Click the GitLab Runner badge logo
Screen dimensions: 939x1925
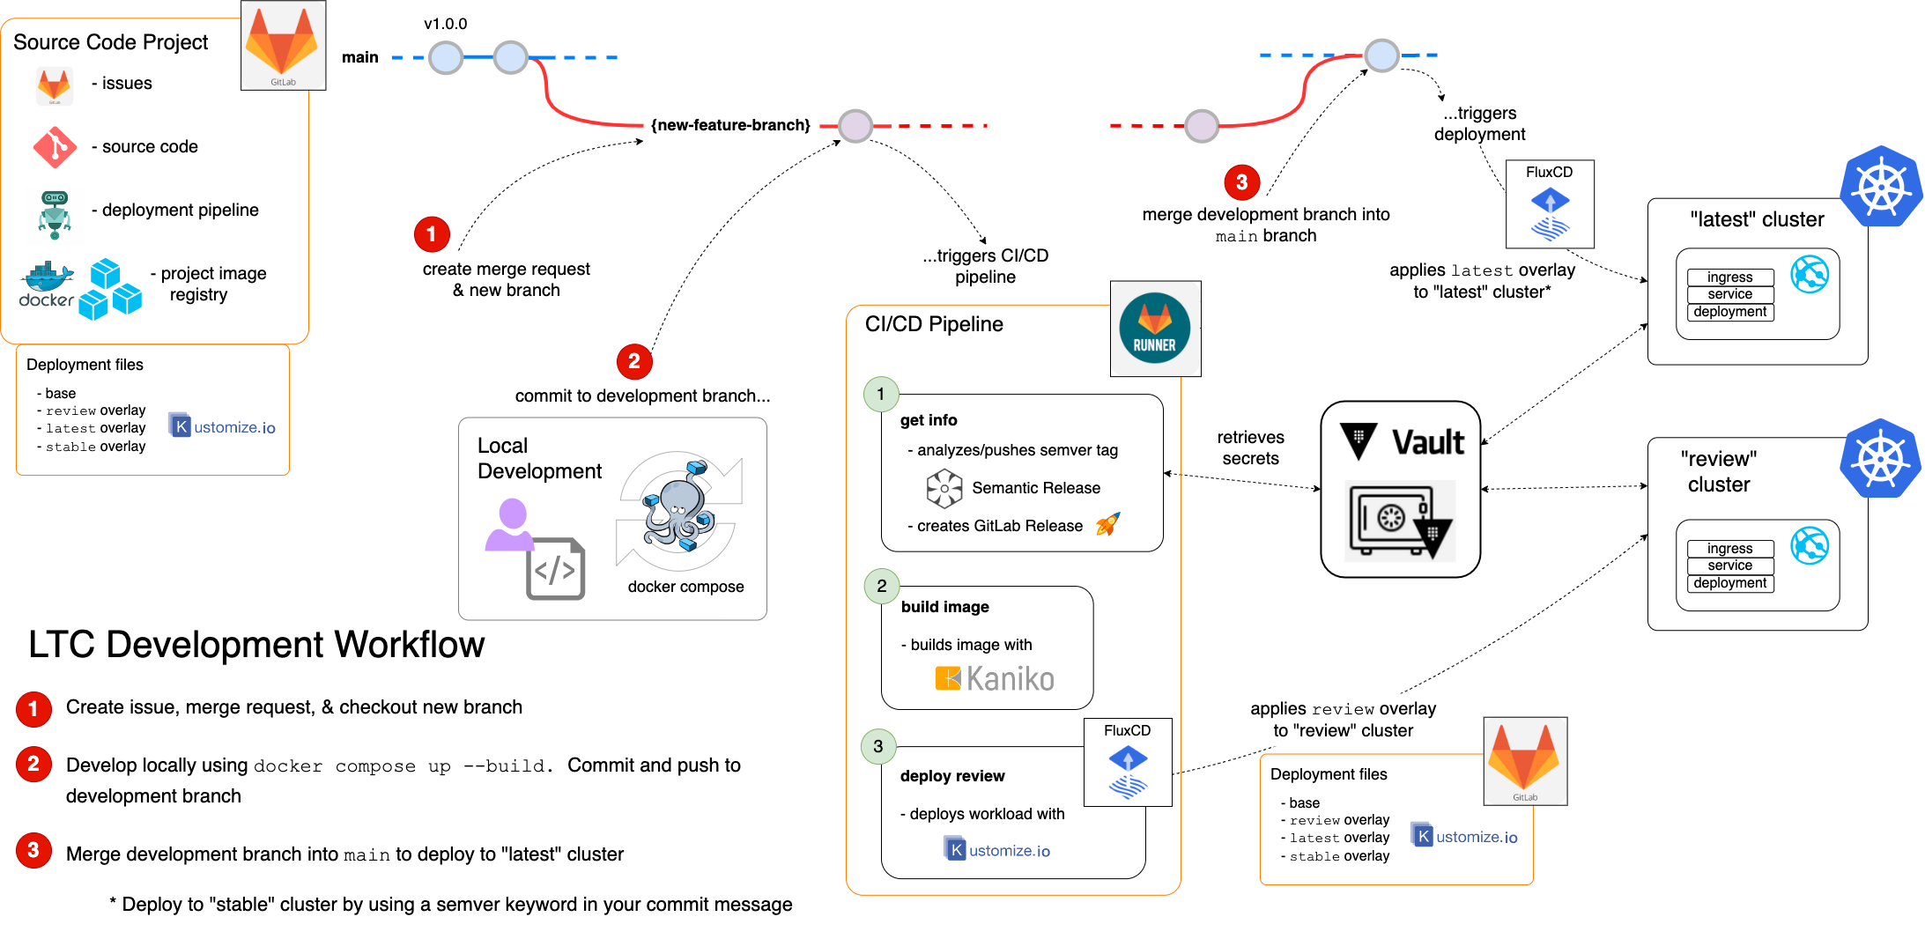click(x=1155, y=329)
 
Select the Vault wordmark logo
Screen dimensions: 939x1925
click(x=1400, y=441)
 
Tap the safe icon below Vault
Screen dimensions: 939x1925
click(x=1399, y=521)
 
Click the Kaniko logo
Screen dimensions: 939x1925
click(x=993, y=678)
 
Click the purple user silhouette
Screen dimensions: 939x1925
click(x=510, y=525)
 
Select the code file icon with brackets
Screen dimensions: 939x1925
click(x=555, y=569)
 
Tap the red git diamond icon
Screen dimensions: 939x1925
click(x=55, y=147)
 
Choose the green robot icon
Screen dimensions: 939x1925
click(x=55, y=214)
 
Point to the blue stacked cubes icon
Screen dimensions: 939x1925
click(x=110, y=290)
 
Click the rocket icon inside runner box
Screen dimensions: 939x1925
click(x=1107, y=524)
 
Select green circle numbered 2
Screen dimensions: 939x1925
click(x=882, y=586)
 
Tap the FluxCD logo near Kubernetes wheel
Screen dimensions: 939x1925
click(x=1550, y=203)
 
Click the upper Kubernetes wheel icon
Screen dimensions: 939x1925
click(x=1880, y=187)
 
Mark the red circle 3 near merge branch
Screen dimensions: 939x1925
click(x=1241, y=182)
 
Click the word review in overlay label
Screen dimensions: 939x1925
click(x=1343, y=709)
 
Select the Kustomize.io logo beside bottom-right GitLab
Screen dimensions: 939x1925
click(x=1464, y=836)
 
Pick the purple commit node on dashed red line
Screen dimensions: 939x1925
click(x=855, y=126)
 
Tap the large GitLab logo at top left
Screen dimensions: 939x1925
click(x=283, y=44)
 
